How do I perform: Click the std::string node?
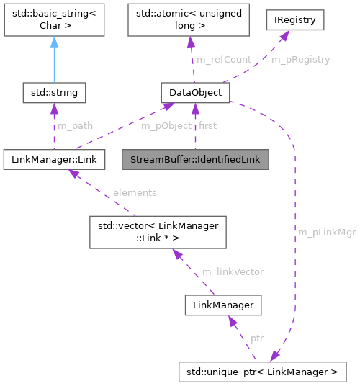tap(54, 93)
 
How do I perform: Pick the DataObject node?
tap(194, 93)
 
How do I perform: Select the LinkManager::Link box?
tap(53, 159)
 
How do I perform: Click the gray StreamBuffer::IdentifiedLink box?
tap(194, 159)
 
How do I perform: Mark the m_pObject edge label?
tap(166, 125)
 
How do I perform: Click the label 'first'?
tap(207, 125)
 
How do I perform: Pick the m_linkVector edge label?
tap(233, 271)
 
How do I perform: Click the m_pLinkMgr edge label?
tap(326, 233)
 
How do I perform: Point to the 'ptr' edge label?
tap(256, 338)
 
